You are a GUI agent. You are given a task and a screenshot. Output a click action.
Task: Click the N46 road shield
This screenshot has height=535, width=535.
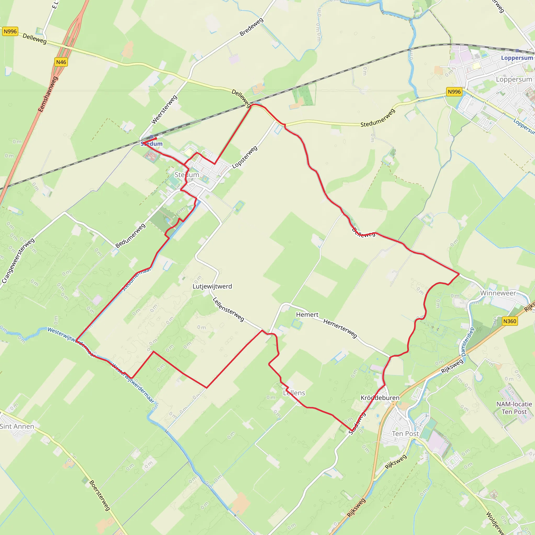61,62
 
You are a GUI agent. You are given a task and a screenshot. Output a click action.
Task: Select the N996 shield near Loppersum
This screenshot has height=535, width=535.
454,92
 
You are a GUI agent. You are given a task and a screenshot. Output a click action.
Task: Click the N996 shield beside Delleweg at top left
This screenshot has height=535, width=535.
10,31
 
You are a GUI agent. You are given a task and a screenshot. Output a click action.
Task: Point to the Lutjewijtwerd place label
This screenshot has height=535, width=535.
212,286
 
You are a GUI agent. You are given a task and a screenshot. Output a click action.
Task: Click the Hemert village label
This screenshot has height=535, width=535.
307,315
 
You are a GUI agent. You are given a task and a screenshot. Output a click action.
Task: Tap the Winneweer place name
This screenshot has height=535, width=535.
498,293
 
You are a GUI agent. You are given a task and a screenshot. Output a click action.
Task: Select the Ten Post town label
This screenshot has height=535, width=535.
405,434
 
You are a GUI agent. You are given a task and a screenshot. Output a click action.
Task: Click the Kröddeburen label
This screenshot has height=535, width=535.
380,398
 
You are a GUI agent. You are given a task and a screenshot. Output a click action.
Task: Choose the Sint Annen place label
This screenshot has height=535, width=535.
17,426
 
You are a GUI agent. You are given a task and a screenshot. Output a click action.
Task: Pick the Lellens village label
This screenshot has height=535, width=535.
294,393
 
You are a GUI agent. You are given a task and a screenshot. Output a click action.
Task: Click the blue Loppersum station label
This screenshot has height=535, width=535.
517,58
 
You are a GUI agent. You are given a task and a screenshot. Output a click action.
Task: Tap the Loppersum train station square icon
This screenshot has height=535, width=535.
517,51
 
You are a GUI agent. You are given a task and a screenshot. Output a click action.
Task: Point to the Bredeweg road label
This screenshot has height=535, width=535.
252,27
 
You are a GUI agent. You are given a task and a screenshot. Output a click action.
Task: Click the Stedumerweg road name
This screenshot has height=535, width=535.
378,118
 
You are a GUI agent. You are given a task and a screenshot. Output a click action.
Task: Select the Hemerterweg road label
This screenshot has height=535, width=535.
340,328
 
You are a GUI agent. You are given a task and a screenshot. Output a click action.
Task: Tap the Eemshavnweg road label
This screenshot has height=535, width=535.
48,94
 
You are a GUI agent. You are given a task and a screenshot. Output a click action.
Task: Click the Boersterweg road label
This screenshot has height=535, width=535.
100,495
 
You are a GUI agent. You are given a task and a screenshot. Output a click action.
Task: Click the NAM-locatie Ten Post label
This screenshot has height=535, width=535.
514,408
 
